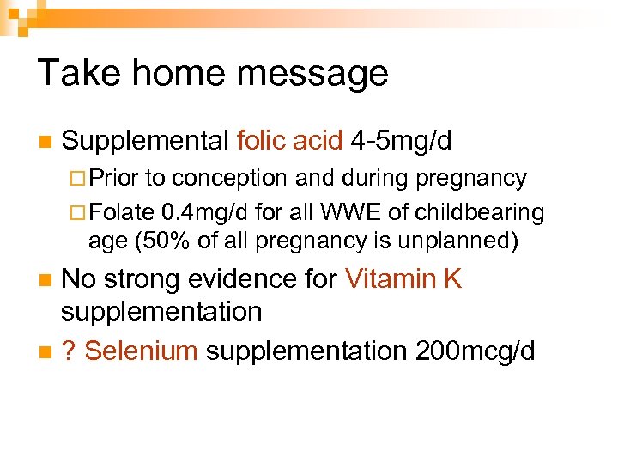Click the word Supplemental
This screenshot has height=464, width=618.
145,140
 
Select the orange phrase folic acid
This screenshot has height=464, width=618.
289,140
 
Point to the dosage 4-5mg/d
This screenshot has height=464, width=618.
401,140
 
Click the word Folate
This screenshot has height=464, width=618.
122,211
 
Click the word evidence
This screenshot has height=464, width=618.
236,279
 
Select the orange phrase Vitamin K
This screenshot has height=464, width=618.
403,279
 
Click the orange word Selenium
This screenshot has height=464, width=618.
142,351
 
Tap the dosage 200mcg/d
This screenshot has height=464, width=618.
474,351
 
